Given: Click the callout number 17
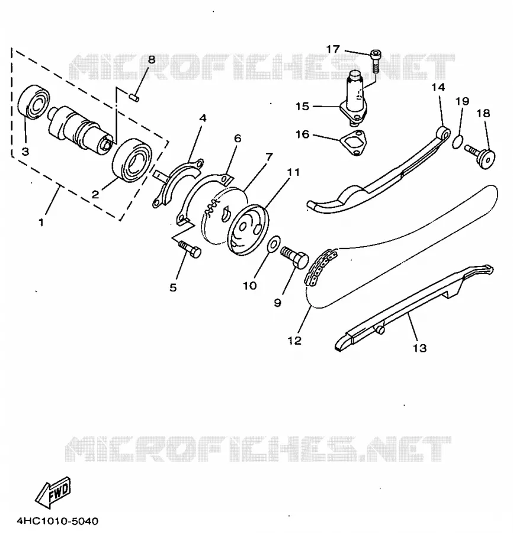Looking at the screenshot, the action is (x=333, y=49).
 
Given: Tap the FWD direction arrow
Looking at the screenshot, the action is (x=53, y=492).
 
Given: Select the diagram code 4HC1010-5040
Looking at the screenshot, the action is (x=57, y=521).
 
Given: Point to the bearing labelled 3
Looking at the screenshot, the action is (x=34, y=102).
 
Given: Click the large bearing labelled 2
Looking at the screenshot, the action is (x=132, y=160).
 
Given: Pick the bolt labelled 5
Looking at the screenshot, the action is (x=190, y=249).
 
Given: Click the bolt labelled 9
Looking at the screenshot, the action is (x=294, y=258).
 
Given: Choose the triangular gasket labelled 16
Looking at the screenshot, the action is (x=353, y=143).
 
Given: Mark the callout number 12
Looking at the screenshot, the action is (x=294, y=340).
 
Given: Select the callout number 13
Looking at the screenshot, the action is (x=419, y=348).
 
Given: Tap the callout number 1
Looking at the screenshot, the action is (x=41, y=223).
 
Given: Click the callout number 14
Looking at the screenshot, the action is (x=438, y=88).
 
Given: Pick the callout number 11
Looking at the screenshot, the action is (x=293, y=172).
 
